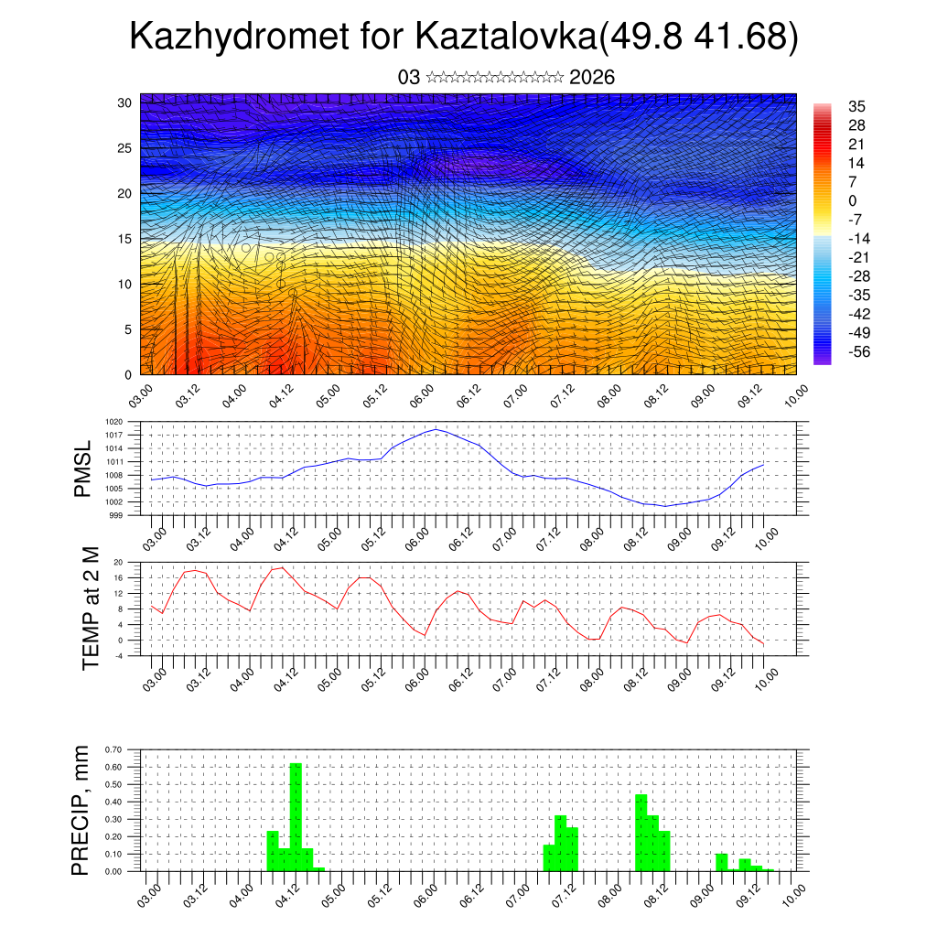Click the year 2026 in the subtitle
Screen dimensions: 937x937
click(x=592, y=78)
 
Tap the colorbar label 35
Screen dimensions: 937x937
click(x=857, y=106)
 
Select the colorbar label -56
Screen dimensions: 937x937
click(x=859, y=351)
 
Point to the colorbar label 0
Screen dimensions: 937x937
click(x=853, y=200)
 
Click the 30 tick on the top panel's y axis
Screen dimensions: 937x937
click(x=124, y=102)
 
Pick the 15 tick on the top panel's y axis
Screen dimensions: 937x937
click(x=124, y=239)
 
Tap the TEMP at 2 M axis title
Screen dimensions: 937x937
click(x=90, y=608)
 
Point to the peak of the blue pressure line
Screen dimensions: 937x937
click(x=436, y=429)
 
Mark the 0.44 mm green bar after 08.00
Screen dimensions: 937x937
click(x=641, y=833)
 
